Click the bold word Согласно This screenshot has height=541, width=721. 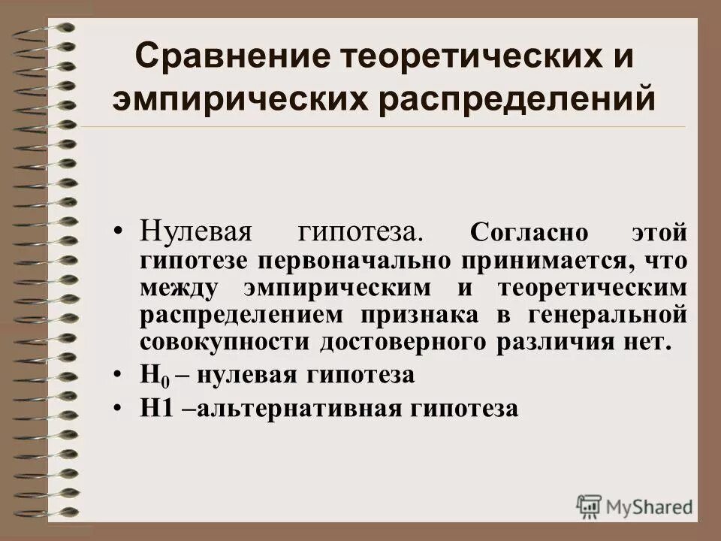click(x=529, y=233)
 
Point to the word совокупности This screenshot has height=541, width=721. click(x=225, y=342)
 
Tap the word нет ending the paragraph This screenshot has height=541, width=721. click(x=647, y=342)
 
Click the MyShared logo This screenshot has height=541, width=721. click(x=634, y=506)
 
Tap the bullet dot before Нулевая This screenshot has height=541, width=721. click(x=119, y=231)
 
